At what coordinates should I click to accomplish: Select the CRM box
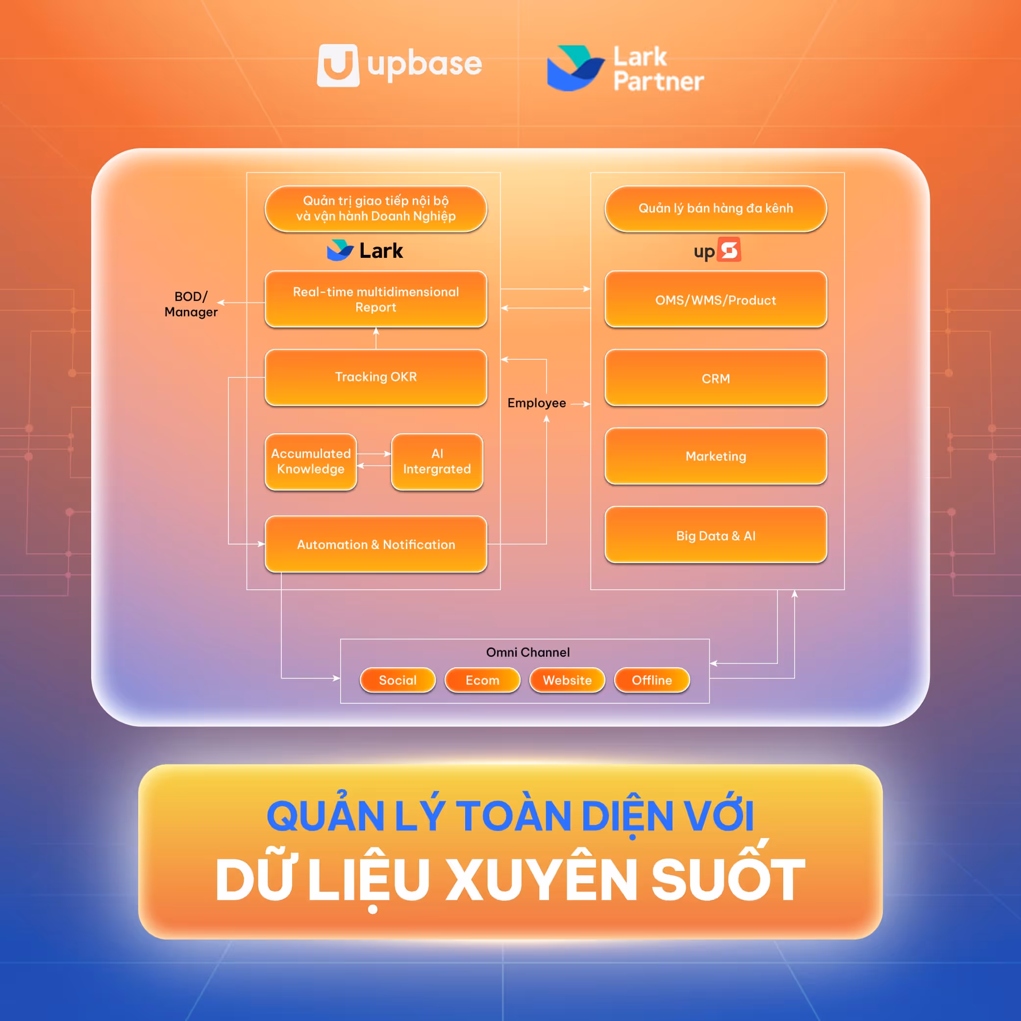coord(716,378)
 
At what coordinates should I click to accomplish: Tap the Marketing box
coord(716,456)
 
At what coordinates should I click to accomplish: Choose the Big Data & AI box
coord(716,535)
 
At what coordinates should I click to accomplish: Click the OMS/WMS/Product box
coord(716,299)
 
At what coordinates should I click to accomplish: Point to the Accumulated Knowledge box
coord(311,461)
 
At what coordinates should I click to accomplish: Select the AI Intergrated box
coord(437,461)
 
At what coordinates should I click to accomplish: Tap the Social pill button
coord(398,680)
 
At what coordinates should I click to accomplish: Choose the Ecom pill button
coord(482,680)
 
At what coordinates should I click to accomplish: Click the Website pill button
coord(567,680)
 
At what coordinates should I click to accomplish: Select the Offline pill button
coord(651,680)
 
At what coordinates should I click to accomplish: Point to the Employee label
coord(536,403)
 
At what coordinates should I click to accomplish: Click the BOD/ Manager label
coord(191,304)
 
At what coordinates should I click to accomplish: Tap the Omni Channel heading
coord(527,652)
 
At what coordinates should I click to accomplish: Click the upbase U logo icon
coord(338,65)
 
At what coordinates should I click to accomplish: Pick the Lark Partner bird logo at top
coord(575,68)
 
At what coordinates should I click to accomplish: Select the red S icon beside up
coord(730,249)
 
